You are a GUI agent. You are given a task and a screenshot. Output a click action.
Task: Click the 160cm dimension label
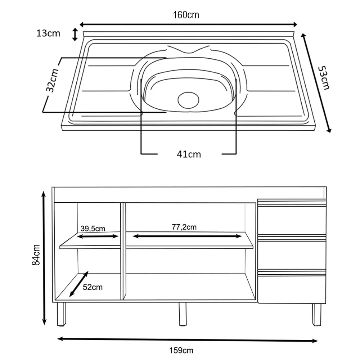click(186, 15)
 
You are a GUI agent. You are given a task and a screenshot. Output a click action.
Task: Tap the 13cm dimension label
click(48, 33)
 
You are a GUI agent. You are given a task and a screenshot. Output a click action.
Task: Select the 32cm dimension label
click(53, 81)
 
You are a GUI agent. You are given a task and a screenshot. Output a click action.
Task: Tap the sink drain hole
click(189, 99)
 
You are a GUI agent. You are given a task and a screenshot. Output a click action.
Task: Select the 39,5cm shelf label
click(93, 228)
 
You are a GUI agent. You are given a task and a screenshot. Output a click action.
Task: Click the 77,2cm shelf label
click(184, 227)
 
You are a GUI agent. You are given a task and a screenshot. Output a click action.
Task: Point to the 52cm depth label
click(93, 287)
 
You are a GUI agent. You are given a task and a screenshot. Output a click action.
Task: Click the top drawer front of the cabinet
click(292, 220)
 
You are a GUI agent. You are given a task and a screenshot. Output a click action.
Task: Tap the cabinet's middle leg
click(183, 314)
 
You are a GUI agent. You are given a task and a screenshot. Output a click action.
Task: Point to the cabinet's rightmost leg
click(316, 314)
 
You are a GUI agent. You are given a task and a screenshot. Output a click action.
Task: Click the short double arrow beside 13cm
click(75, 35)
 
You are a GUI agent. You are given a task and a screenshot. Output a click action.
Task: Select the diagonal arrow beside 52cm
click(79, 284)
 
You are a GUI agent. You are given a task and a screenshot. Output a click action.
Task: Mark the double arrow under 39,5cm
click(98, 237)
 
